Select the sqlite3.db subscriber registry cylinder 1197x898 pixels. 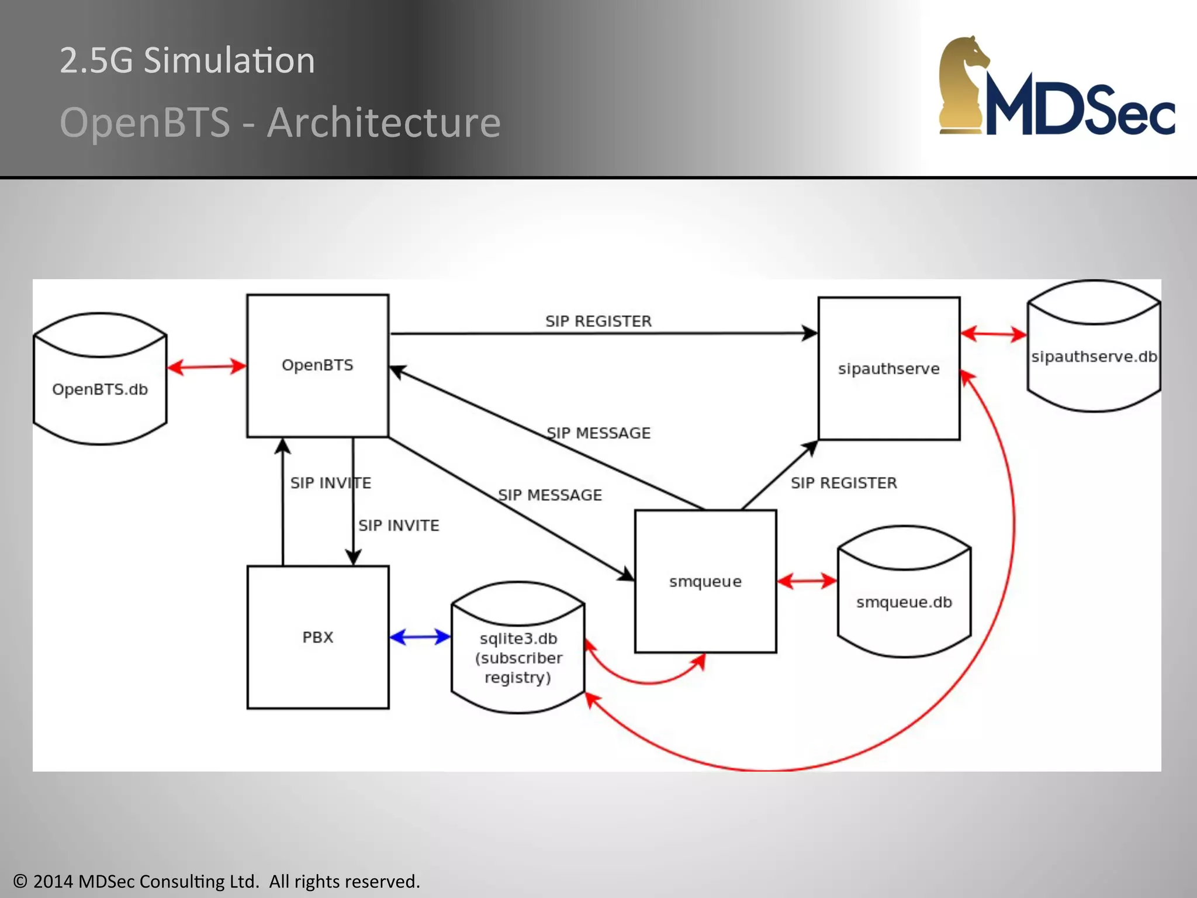(518, 658)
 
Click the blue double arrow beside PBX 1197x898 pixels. (420, 637)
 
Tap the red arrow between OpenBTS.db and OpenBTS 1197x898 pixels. (206, 367)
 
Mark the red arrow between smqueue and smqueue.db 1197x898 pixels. (807, 581)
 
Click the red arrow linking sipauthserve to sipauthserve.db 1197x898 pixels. (993, 334)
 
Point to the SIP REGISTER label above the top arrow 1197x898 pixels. (598, 321)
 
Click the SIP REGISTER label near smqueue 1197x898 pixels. (843, 483)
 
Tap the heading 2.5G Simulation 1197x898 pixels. (187, 60)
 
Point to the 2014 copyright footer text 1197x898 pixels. (216, 881)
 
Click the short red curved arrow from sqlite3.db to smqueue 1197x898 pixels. (646, 682)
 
